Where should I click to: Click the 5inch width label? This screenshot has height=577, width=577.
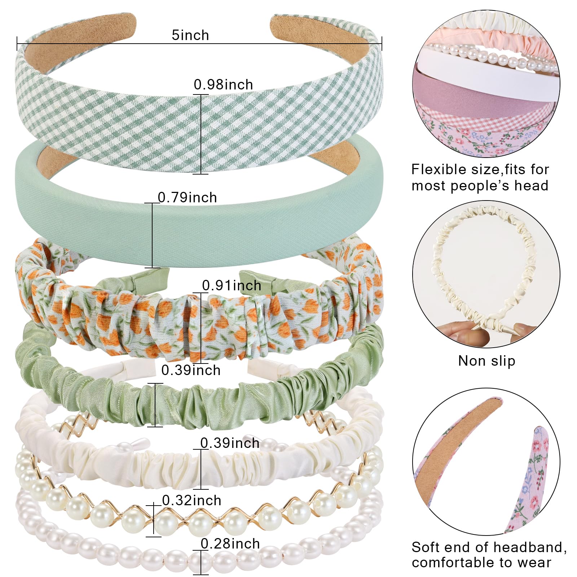click(x=190, y=35)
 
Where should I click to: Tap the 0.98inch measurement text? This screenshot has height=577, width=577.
click(x=223, y=85)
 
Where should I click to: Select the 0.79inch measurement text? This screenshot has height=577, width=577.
click(x=187, y=198)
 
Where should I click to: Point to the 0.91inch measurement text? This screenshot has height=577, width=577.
click(x=232, y=285)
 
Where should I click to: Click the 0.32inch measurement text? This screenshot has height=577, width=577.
click(x=191, y=500)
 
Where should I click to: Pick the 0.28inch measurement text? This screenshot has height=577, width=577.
click(x=230, y=543)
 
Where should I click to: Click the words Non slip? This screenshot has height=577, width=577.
click(x=486, y=361)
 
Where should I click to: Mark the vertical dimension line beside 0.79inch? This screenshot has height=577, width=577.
click(x=152, y=235)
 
